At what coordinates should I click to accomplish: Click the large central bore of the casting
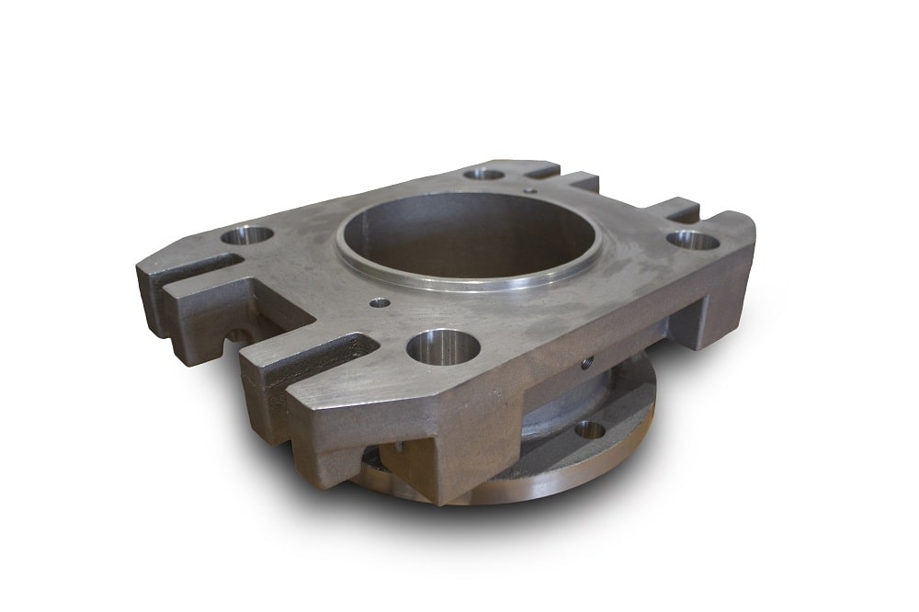tap(469, 237)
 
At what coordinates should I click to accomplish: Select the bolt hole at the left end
tap(247, 235)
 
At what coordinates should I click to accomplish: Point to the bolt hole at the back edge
tap(484, 174)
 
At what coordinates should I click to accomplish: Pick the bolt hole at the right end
tap(692, 241)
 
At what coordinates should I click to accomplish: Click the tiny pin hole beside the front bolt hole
tap(379, 301)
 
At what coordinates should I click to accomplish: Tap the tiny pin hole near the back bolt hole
tap(532, 191)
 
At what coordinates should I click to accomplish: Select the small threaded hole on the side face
tap(587, 360)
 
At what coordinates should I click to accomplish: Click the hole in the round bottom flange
tap(589, 428)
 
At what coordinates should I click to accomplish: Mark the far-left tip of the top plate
tap(141, 272)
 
